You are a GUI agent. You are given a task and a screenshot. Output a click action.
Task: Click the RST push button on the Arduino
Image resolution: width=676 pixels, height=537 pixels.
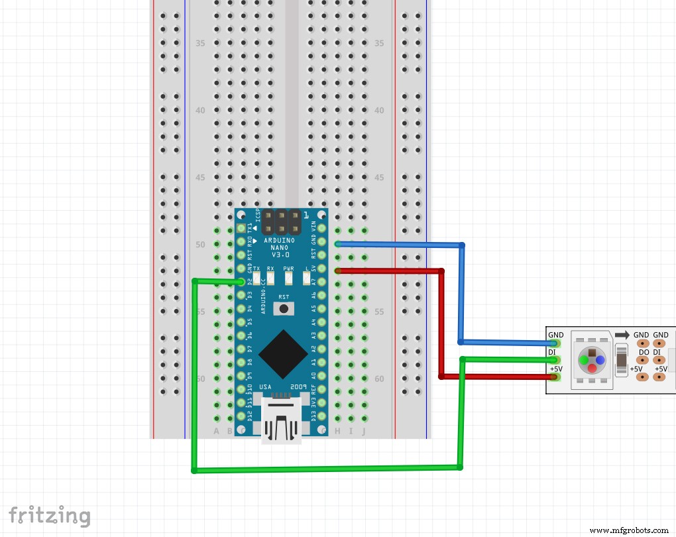[284, 308]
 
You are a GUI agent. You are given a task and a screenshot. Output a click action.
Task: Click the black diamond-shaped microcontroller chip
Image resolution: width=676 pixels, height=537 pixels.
[283, 352]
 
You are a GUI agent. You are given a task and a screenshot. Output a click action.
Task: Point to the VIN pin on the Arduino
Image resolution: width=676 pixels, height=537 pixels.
[321, 229]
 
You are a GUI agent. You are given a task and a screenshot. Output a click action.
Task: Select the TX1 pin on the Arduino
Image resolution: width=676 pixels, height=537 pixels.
[241, 229]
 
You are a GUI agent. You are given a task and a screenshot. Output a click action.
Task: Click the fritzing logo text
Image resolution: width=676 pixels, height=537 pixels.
[50, 516]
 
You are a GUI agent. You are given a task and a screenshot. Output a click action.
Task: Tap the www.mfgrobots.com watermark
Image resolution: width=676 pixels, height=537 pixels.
[630, 530]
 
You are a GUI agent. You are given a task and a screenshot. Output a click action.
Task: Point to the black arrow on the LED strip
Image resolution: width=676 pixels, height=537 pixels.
[621, 335]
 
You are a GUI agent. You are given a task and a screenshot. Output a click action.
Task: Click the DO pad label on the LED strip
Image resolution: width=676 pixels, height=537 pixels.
[644, 352]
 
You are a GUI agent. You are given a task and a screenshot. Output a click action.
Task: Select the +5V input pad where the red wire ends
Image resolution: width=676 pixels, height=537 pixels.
[555, 377]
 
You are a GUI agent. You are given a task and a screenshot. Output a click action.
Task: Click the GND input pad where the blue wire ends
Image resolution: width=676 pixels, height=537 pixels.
[555, 343]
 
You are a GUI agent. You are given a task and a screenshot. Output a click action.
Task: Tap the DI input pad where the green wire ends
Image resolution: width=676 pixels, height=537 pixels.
[555, 360]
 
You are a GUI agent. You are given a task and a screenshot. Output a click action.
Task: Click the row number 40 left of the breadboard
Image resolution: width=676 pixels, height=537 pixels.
[200, 111]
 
